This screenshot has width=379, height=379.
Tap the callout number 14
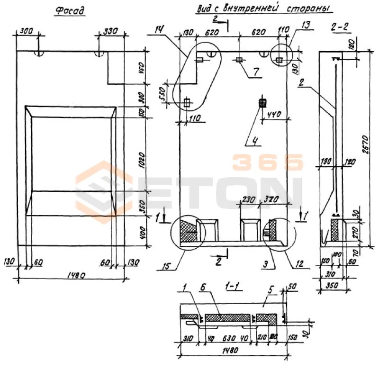click(x=159, y=30)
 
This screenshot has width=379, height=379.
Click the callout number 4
click(x=254, y=140)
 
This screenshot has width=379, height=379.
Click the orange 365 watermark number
click(x=267, y=162)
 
